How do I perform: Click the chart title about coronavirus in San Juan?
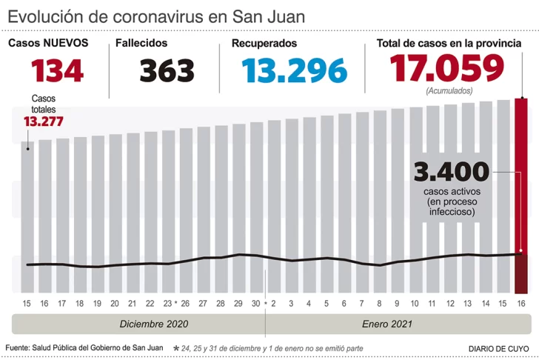(156, 16)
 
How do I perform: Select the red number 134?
(57, 71)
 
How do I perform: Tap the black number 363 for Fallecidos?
(167, 71)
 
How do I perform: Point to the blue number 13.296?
(294, 71)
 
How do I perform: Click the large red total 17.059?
(447, 69)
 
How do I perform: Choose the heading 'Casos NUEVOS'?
(48, 43)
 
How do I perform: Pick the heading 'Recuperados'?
(264, 44)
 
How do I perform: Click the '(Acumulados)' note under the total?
(449, 90)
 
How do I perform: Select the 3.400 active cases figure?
(452, 173)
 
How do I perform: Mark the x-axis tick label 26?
(185, 304)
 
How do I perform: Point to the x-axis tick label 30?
(255, 304)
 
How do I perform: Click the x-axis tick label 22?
(150, 304)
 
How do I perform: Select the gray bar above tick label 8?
(380, 200)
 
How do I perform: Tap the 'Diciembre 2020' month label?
(154, 324)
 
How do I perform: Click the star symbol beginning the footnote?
(175, 347)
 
